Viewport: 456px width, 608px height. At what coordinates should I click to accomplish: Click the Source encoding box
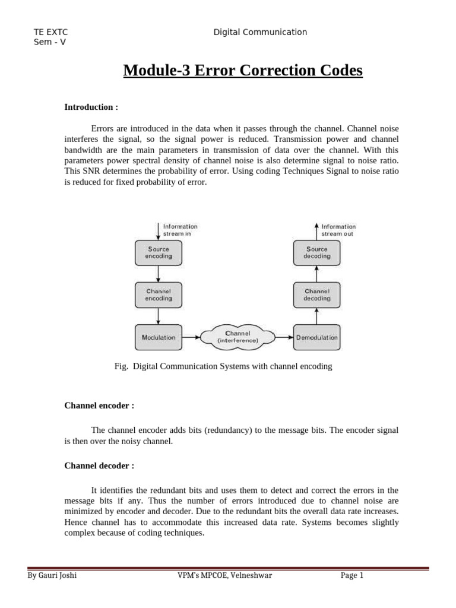pos(159,253)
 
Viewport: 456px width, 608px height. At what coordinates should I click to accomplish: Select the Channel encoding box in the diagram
pos(159,295)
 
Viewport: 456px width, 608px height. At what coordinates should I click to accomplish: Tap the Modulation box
pos(159,337)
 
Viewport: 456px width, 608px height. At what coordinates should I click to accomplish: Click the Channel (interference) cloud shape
pos(237,337)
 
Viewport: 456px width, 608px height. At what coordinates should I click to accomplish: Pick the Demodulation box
pos(316,337)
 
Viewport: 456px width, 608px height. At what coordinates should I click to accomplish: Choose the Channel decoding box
pos(316,295)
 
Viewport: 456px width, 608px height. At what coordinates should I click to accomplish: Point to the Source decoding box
pos(316,253)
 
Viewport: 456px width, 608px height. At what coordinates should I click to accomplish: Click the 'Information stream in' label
pos(180,230)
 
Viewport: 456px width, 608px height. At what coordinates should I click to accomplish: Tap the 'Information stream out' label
pos(338,230)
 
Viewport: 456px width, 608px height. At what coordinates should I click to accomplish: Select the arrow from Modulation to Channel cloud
pos(191,337)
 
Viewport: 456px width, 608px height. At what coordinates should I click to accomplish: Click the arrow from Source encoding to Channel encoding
pos(159,274)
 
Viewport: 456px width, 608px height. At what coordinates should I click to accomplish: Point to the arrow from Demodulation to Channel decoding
pos(316,316)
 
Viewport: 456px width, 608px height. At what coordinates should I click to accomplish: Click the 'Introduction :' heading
pos(91,107)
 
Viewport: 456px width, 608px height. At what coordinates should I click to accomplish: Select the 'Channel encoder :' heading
pos(99,406)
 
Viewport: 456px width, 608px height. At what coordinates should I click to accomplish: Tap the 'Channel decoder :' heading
pos(99,465)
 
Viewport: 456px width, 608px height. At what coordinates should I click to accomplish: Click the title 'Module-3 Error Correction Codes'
pos(242,71)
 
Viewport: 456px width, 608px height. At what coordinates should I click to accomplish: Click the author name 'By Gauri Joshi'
pos(52,575)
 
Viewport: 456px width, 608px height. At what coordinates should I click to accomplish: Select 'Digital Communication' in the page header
pos(260,33)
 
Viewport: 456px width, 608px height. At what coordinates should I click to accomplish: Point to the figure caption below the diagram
pos(223,366)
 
